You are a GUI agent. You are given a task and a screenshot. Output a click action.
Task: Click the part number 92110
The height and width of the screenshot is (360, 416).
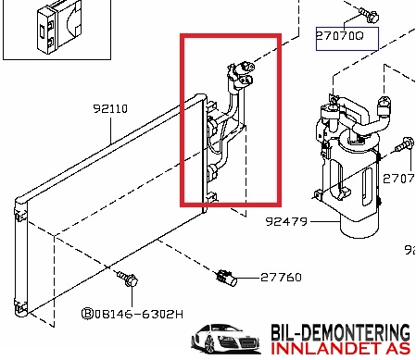[110, 108]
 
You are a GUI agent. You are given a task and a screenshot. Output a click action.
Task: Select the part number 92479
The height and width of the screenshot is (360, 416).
[286, 221]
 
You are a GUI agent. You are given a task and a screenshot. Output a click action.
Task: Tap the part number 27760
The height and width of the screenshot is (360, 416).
[281, 278]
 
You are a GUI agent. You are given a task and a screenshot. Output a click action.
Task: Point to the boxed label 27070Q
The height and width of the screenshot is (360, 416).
[347, 39]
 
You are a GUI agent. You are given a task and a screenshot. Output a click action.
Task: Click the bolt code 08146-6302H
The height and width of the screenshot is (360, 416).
[139, 315]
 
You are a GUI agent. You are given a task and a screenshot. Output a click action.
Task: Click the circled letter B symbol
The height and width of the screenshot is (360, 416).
[87, 314]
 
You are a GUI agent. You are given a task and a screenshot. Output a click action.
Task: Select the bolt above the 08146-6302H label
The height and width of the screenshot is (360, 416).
[128, 279]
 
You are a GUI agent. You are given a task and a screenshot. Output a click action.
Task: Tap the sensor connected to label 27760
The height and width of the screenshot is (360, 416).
[226, 278]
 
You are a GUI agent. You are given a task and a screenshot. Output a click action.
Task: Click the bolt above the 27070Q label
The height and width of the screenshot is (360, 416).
[369, 15]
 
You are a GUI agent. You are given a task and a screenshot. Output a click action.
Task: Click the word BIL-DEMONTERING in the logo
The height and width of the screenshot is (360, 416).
[341, 332]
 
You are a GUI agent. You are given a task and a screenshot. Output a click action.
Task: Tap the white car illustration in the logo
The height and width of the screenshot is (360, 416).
[226, 339]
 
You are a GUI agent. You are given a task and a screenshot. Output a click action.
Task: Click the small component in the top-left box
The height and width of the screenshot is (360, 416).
[58, 27]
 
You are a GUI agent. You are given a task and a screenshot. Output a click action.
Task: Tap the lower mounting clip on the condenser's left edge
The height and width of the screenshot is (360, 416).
[20, 306]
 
